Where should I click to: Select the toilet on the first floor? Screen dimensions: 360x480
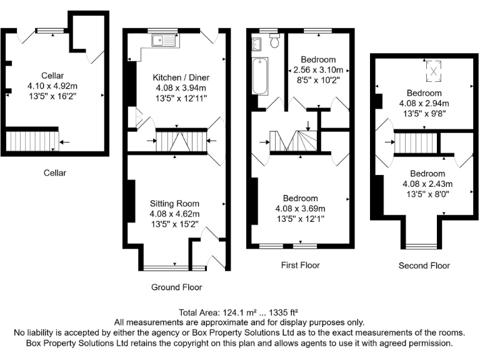pyautogui.click(x=275, y=39)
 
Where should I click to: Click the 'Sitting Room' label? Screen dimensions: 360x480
pyautogui.click(x=174, y=204)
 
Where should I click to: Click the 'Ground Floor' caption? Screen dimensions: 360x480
pyautogui.click(x=177, y=287)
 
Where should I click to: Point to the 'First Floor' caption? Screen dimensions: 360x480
pyautogui.click(x=300, y=265)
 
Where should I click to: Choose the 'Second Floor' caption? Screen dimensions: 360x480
pyautogui.click(x=424, y=266)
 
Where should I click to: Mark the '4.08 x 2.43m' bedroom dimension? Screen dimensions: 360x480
pyautogui.click(x=427, y=184)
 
